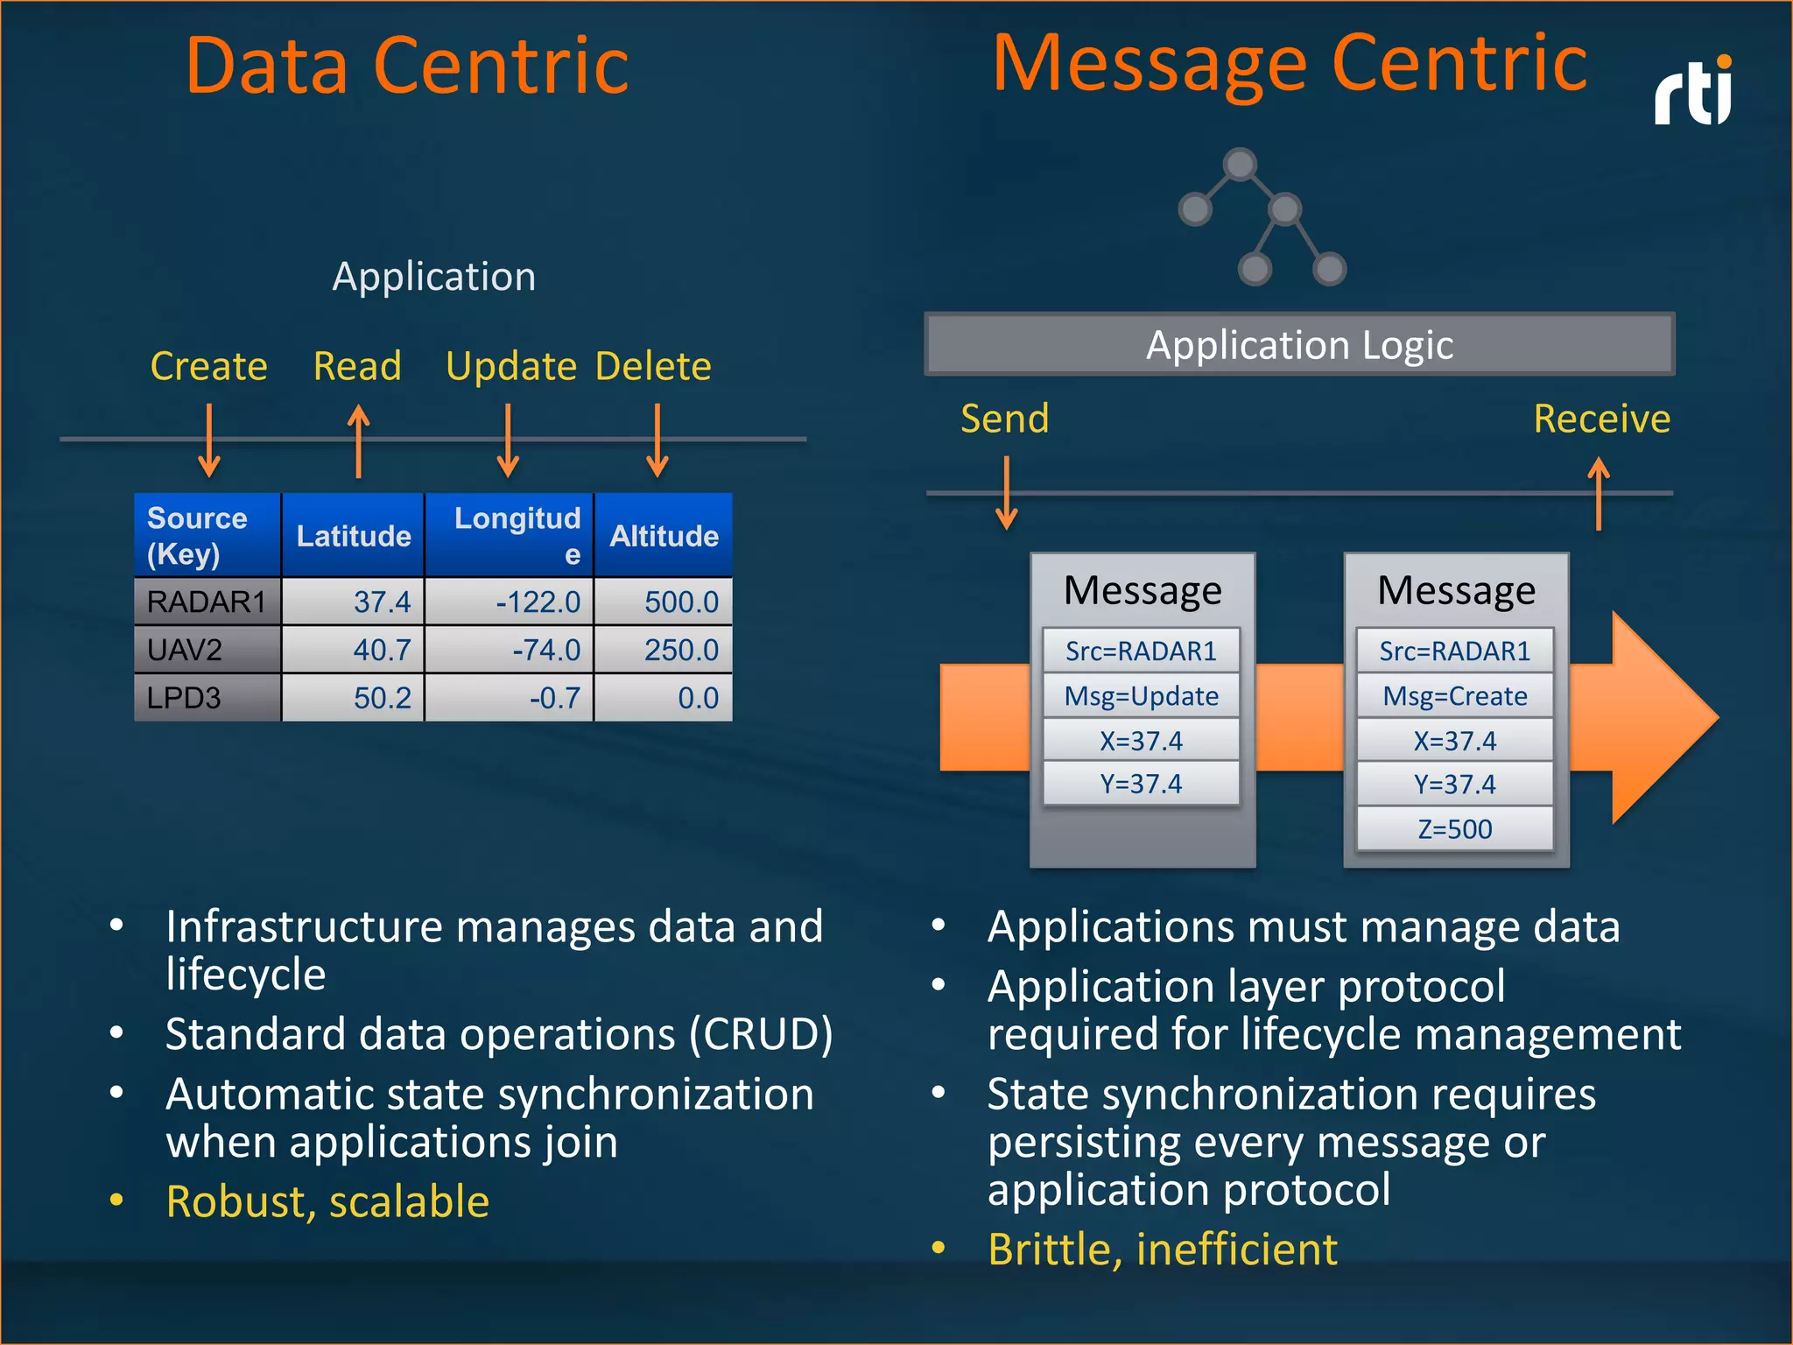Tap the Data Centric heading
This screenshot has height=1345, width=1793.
click(407, 66)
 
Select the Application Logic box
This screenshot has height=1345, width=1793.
click(1299, 344)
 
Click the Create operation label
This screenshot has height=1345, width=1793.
click(208, 366)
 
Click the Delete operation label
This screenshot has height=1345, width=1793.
click(653, 366)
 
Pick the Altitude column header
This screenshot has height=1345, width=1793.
click(664, 535)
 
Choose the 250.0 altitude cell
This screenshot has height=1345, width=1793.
click(664, 650)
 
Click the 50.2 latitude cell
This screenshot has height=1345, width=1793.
click(353, 698)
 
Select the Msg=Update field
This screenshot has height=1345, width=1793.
click(1141, 696)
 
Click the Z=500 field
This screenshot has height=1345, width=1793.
click(1454, 828)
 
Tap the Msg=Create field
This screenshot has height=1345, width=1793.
click(1454, 696)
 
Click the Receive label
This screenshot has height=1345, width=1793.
click(1601, 419)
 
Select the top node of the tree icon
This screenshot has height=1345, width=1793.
click(1240, 164)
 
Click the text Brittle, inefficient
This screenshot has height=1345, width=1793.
click(1162, 1249)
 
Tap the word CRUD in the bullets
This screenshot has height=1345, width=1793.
click(760, 1034)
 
